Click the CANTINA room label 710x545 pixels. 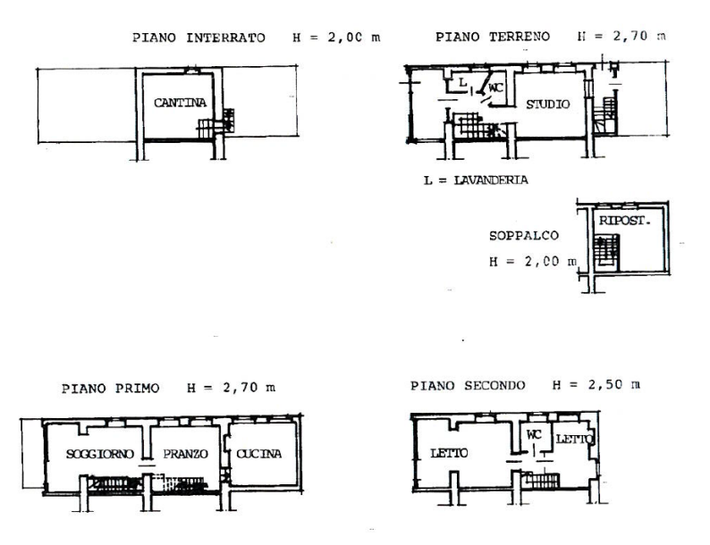181,103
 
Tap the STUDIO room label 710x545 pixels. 547,105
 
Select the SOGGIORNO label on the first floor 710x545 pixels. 99,454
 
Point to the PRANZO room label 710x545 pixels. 185,454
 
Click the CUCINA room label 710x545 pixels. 258,454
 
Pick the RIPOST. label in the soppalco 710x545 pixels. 624,221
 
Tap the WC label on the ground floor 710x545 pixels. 495,88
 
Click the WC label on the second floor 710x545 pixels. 534,434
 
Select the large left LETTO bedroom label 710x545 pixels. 449,453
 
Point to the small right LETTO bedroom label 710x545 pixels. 574,439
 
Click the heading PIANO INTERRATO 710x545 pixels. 199,38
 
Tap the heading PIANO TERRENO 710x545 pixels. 493,37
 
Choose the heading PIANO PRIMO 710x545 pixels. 111,389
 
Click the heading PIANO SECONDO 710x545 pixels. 468,386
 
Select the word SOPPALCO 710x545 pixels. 523,236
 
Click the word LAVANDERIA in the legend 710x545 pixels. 491,180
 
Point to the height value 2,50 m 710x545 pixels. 614,385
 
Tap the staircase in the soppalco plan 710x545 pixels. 607,252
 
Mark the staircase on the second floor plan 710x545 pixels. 541,480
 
